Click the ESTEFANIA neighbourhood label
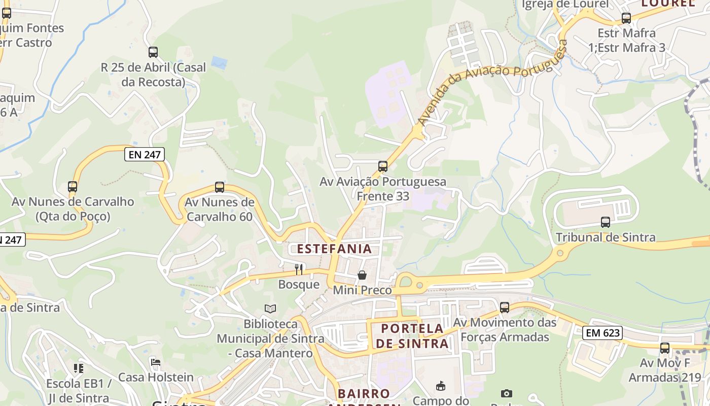[334, 249]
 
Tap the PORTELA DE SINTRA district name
[412, 336]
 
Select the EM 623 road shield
[602, 333]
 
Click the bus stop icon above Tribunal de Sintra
[606, 222]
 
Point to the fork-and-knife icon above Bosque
[299, 269]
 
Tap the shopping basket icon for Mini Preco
[362, 276]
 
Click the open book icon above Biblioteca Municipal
[271, 309]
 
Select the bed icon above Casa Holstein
[156, 362]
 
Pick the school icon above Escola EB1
[78, 368]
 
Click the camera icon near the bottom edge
[506, 394]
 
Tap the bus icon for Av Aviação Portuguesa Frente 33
[383, 166]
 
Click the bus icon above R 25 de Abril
[153, 52]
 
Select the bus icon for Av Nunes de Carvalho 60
[220, 187]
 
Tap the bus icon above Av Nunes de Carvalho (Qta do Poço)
[73, 187]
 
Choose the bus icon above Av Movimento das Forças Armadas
[505, 308]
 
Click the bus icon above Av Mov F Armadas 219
[665, 348]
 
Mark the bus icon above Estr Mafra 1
[626, 18]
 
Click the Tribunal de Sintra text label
[606, 237]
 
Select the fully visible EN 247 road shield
[145, 155]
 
